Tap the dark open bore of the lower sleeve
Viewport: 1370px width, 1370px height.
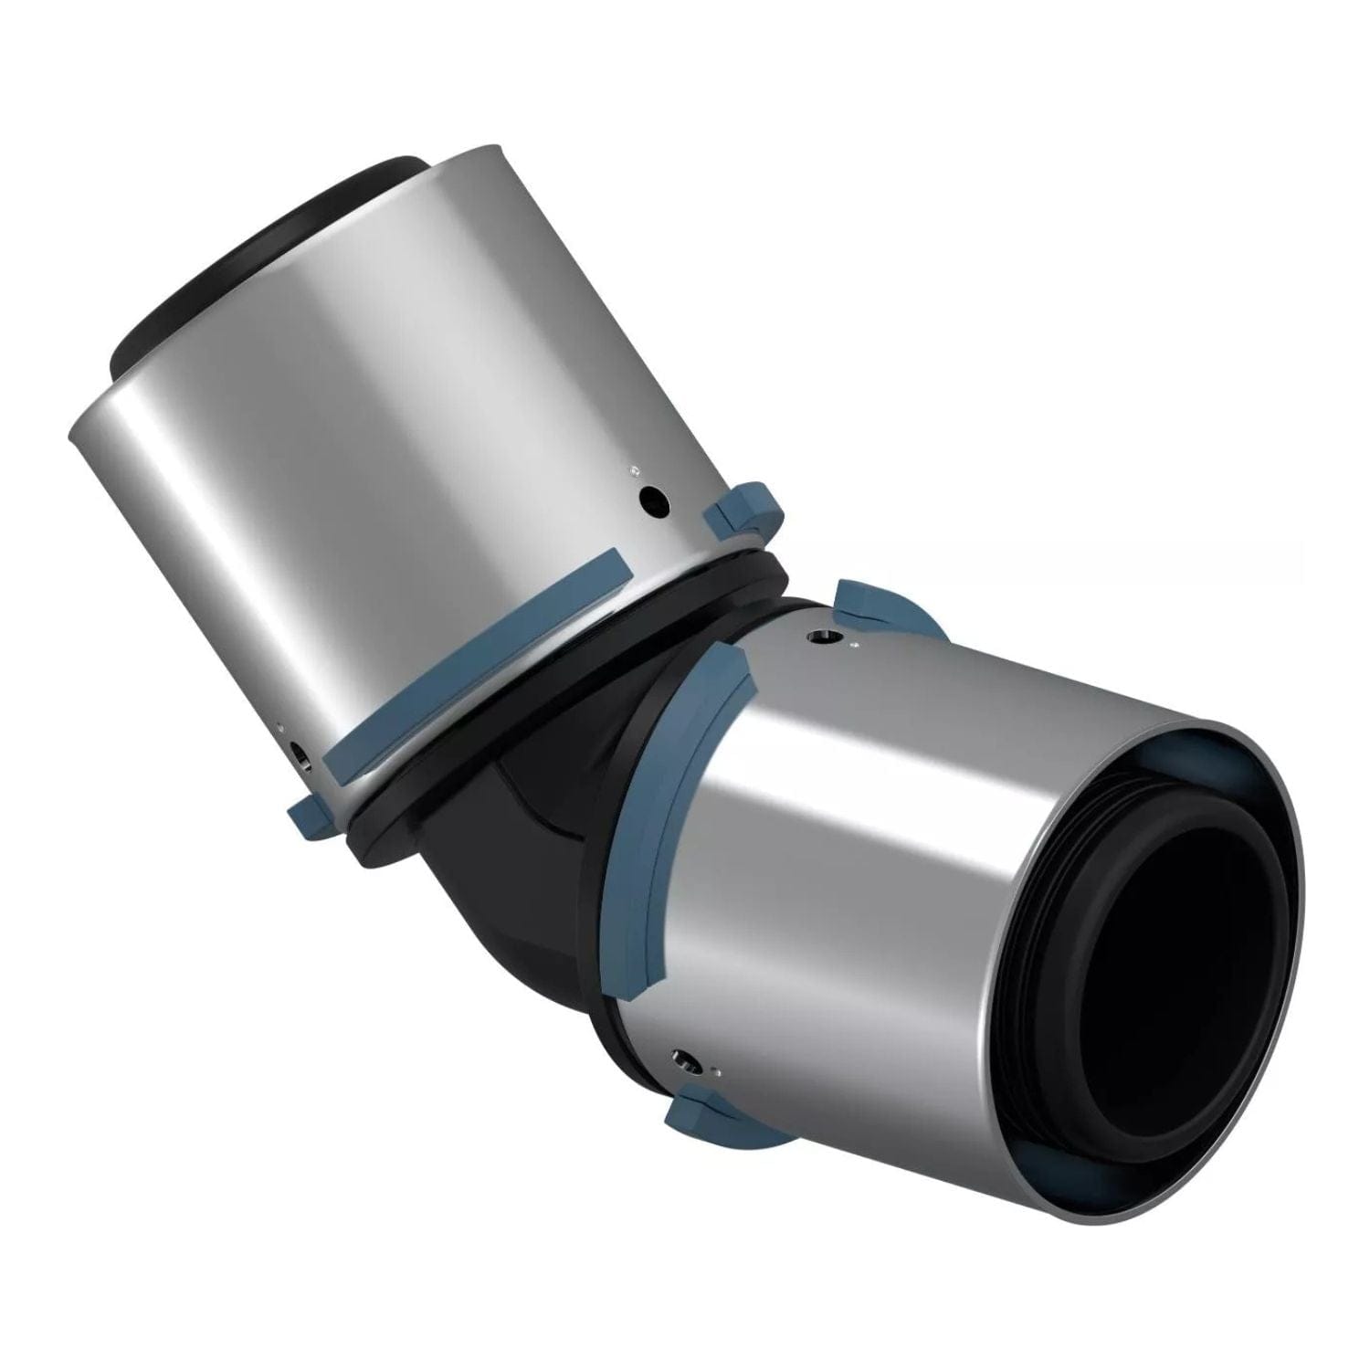tap(1178, 950)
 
